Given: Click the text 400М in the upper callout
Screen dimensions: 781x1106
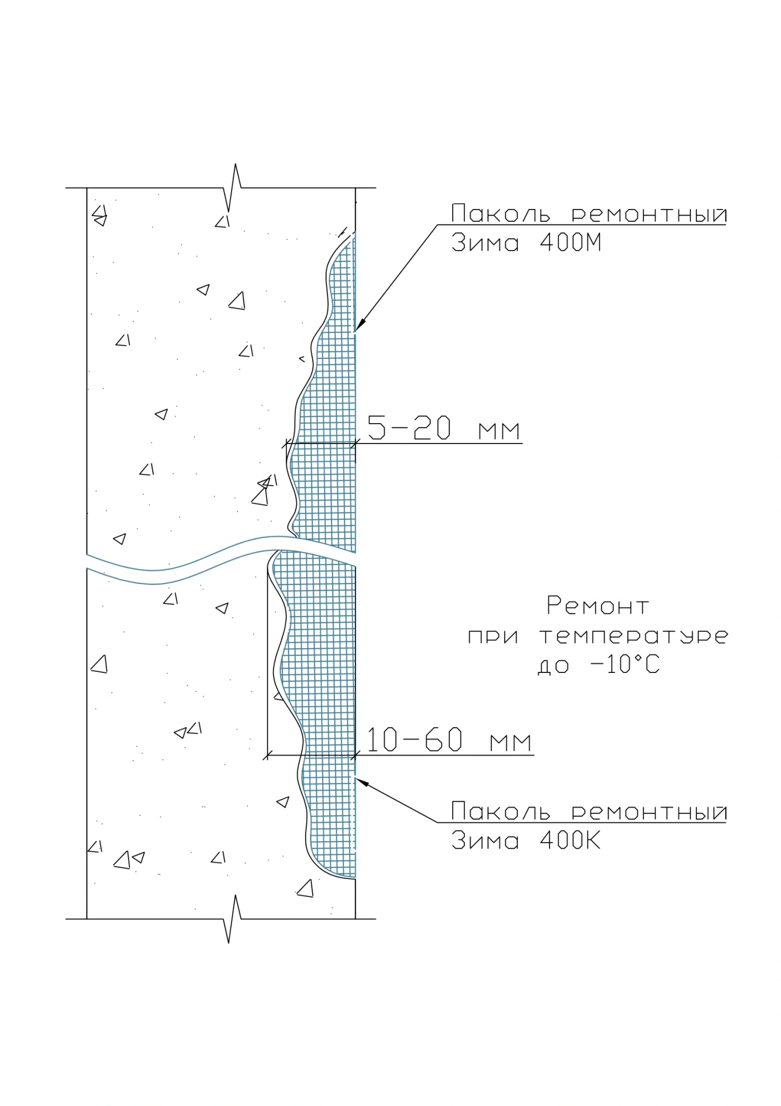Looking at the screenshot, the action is point(570,243).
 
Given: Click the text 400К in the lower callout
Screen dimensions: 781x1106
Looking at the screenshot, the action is point(570,841).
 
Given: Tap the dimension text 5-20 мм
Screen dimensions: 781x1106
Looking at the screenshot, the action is point(444,429).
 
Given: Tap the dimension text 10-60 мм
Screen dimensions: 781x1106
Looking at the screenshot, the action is point(449,740).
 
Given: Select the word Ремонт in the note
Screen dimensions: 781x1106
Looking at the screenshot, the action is point(597,606).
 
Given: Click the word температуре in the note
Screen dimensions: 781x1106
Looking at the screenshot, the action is point(633,637).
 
